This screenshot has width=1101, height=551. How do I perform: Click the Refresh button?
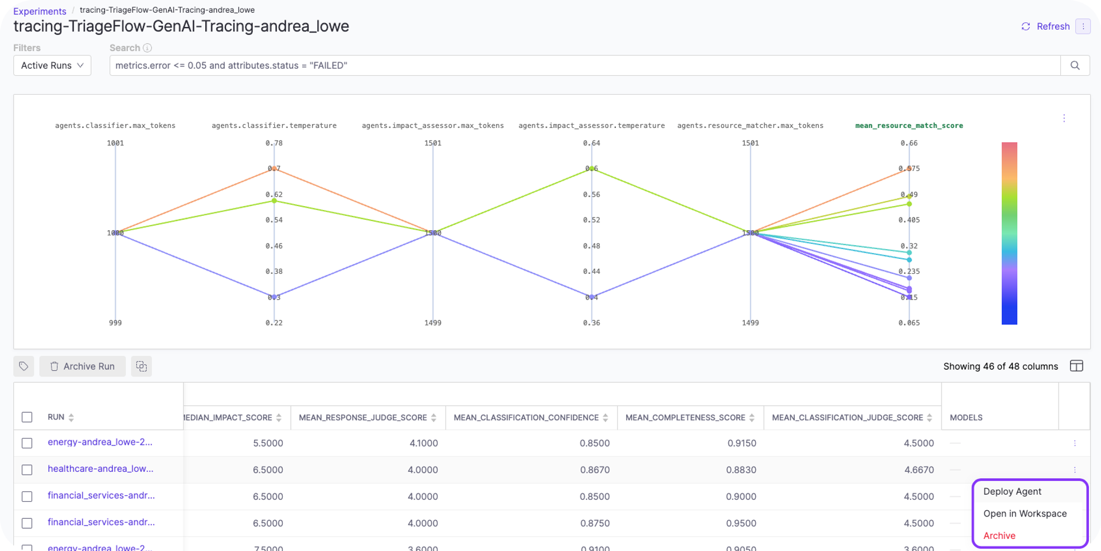[x=1046, y=26]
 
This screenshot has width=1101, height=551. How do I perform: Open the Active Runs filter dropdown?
[x=52, y=65]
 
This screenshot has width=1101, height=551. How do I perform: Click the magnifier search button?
[x=1075, y=65]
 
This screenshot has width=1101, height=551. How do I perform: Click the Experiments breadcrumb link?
[x=40, y=11]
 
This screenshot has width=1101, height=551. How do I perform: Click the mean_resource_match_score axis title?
[x=909, y=126]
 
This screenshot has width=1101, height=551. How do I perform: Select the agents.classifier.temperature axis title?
[x=274, y=126]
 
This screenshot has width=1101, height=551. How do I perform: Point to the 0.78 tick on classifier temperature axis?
[x=274, y=143]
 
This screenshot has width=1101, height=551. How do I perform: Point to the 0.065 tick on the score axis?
[x=909, y=323]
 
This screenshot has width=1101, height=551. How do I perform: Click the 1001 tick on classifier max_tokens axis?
[x=115, y=143]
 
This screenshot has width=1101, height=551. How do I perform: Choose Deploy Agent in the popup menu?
[x=1012, y=491]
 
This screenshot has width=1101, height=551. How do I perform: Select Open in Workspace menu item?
[x=1025, y=514]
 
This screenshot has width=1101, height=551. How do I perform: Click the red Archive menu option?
[x=999, y=536]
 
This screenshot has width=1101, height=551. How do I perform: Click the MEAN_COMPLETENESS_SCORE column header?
[x=685, y=417]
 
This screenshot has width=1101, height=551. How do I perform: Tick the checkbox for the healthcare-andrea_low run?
[x=27, y=469]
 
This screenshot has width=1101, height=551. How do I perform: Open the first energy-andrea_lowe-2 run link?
[x=100, y=442]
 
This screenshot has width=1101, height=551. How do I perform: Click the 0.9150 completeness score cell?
[x=741, y=443]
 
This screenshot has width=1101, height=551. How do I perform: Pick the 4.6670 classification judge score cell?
[x=919, y=469]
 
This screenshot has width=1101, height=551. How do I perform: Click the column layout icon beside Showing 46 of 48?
[x=1076, y=366]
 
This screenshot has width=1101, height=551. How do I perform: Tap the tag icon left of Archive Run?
[x=24, y=366]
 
